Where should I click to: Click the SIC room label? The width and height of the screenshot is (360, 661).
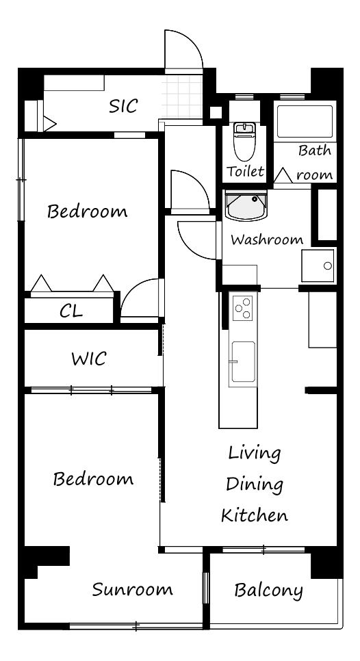(x=123, y=106)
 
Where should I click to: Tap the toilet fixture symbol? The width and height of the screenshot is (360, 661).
(x=245, y=141)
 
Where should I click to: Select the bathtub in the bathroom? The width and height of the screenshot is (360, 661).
(x=305, y=121)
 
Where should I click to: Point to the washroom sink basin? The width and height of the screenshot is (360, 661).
(x=246, y=205)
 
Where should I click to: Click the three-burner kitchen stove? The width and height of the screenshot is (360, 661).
(x=243, y=308)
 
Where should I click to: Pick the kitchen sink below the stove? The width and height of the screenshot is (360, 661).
(x=243, y=362)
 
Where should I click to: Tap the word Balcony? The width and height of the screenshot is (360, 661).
(x=268, y=591)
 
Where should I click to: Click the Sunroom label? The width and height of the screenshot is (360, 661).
(x=132, y=589)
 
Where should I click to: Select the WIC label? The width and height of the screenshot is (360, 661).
(x=88, y=359)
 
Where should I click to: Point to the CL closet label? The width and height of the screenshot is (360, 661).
(x=70, y=311)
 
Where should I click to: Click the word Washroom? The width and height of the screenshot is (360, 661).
(x=267, y=240)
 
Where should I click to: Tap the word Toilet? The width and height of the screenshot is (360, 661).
(x=245, y=171)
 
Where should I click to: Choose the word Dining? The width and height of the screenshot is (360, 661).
(x=254, y=484)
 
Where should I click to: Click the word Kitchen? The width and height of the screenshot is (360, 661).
(x=255, y=515)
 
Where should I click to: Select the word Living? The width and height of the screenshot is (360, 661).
(x=254, y=454)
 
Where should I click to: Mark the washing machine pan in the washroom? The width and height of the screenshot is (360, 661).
(x=318, y=265)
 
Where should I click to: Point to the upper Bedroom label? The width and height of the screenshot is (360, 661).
(x=87, y=211)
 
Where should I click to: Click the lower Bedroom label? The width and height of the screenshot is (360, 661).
(x=93, y=478)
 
